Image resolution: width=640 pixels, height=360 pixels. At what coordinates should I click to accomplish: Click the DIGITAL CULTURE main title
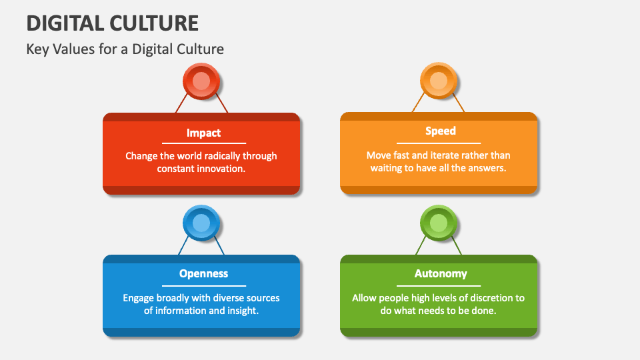point(112,23)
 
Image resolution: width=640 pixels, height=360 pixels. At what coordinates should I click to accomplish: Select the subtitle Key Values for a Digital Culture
point(125,49)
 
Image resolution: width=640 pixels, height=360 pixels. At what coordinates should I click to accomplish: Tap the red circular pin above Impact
point(201,81)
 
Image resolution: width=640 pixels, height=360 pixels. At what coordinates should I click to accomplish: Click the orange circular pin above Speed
point(439,81)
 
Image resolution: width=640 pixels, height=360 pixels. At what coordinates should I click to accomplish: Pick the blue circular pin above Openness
point(201,223)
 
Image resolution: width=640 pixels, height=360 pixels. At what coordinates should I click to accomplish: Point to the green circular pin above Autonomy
point(439,223)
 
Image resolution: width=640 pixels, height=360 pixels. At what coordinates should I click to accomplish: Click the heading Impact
point(204,133)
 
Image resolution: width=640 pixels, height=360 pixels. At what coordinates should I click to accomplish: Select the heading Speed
point(441,131)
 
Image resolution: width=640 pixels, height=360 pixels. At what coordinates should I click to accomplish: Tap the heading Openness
point(204,273)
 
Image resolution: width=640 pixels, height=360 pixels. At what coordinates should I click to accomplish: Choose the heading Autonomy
point(441,273)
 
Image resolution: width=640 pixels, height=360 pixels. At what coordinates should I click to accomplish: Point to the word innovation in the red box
point(221,169)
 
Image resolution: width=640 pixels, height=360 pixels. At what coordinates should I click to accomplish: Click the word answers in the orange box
point(488,168)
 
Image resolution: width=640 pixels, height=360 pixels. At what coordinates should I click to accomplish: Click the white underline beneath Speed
point(439,143)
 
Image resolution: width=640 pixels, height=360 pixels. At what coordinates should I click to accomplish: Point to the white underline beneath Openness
point(204,286)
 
